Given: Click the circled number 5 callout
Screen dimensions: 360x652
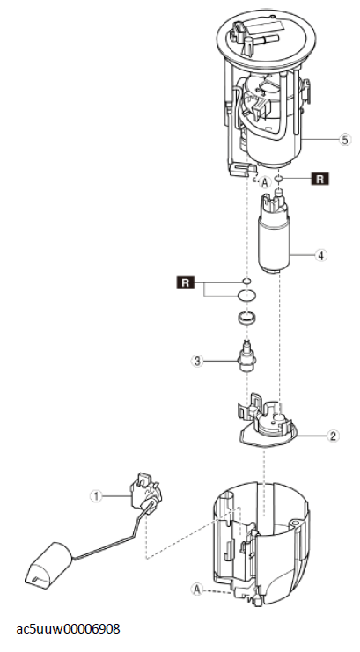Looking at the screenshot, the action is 345,140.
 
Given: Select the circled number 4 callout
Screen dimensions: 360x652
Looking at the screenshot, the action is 320,255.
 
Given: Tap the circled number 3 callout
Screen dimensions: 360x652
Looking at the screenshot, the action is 197,361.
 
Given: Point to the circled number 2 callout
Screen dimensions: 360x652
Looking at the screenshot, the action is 333,436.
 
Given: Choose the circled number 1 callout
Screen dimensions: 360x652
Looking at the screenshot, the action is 97,495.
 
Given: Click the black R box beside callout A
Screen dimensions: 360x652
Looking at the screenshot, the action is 320,179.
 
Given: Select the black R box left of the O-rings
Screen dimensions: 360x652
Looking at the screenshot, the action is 186,282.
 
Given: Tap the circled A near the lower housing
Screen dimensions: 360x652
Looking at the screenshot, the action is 197,589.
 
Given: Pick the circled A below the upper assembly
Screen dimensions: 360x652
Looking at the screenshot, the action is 265,182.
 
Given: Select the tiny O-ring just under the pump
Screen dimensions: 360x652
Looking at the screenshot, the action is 246,281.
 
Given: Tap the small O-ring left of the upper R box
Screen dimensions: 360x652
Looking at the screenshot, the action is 279,179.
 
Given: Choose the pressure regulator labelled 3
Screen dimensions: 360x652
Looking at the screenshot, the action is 247,356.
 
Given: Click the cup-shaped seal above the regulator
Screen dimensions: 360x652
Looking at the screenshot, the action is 247,319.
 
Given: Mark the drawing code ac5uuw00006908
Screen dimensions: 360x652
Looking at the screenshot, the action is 69,629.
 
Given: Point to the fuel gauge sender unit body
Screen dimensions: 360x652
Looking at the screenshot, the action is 145,492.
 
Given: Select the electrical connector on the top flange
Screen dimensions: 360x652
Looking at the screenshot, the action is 241,33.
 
